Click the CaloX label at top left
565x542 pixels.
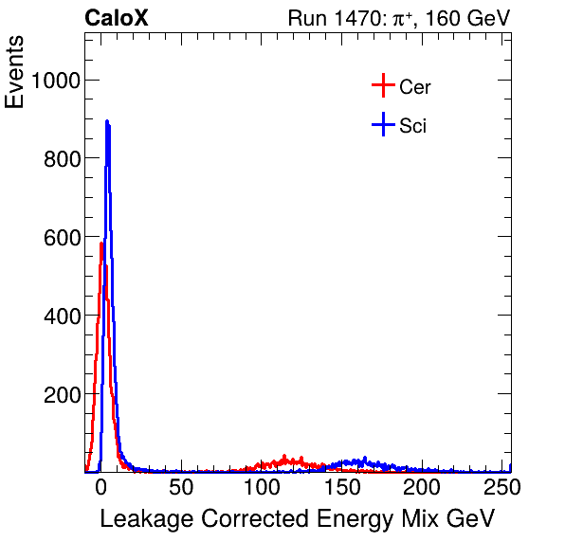[117, 18]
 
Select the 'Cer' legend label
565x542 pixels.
[415, 87]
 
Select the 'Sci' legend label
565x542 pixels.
[412, 125]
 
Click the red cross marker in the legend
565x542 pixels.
[382, 86]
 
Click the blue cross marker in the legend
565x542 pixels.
[382, 124]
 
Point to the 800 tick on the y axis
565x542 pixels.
[60, 158]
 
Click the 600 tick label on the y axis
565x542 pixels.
[60, 237]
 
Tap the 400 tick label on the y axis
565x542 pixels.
[60, 316]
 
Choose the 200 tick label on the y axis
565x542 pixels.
[60, 394]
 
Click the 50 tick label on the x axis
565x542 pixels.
[181, 488]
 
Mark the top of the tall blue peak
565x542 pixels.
[107, 121]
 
